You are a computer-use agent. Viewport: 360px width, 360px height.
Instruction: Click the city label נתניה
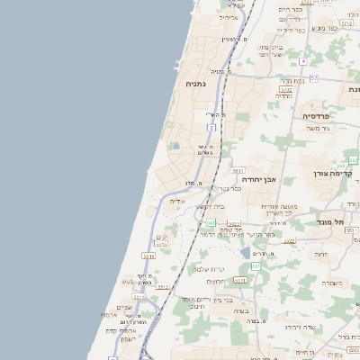[x=195, y=84]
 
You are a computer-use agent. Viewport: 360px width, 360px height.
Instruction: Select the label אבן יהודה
[x=256, y=179]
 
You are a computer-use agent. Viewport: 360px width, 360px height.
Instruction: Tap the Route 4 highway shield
[x=304, y=61]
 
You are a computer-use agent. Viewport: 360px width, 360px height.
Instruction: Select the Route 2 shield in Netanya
[x=211, y=128]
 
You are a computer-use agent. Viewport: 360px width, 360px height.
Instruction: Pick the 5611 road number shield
[x=238, y=169]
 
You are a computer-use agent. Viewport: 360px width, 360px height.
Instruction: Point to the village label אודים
[x=177, y=201]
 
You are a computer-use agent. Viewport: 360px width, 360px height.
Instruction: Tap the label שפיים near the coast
[x=124, y=307]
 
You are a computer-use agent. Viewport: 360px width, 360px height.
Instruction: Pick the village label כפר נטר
[x=230, y=190]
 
